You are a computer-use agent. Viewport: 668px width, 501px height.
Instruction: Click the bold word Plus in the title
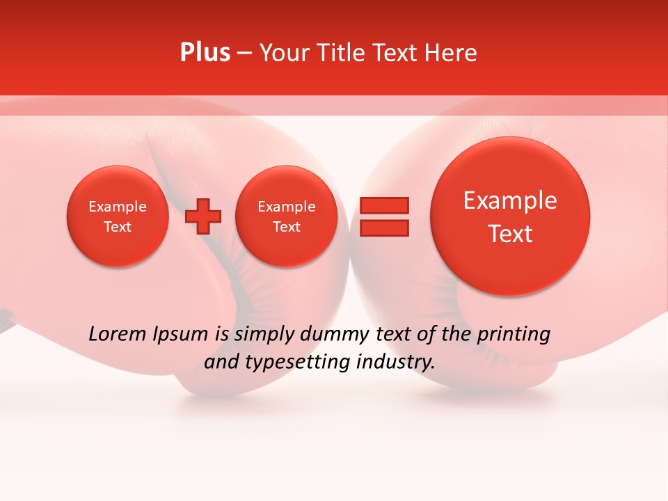[205, 53]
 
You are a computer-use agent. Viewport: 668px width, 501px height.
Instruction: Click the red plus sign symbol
[203, 216]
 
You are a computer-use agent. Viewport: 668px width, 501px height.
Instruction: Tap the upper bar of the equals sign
[384, 205]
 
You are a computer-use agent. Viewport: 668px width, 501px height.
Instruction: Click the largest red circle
[510, 216]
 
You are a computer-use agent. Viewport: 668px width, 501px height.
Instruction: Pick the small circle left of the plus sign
[118, 216]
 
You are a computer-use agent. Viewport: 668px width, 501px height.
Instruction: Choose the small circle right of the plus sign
[286, 216]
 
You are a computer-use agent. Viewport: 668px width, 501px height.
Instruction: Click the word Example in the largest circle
[510, 200]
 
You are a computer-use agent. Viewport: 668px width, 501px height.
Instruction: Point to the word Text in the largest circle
[510, 234]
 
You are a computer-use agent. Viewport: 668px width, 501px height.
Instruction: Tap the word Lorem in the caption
[115, 334]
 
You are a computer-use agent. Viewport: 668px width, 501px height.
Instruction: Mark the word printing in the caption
[513, 335]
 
